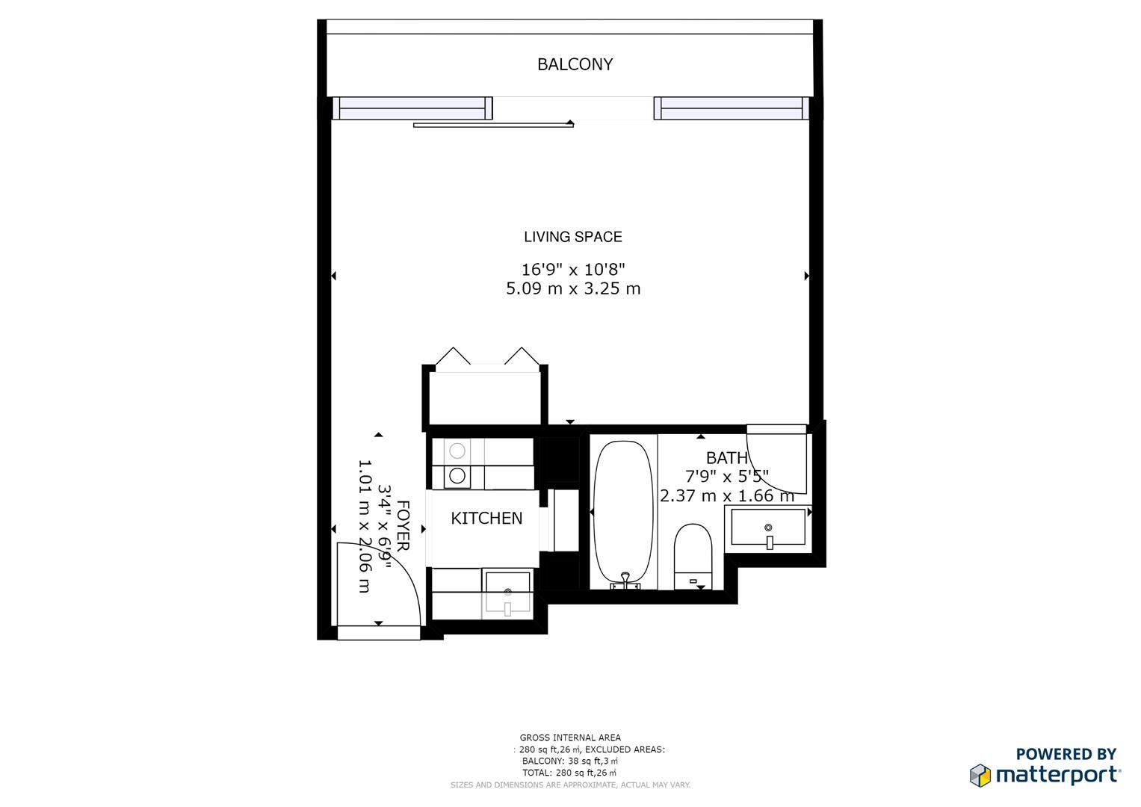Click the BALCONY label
coord(575,64)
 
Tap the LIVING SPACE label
coord(572,237)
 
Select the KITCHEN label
coord(486,518)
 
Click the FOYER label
coord(403,526)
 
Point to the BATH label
coord(726,458)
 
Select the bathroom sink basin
coord(767,528)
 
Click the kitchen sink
coord(507,592)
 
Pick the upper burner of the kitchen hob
coord(457,451)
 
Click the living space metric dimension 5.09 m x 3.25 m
coord(572,288)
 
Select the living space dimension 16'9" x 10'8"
coord(572,269)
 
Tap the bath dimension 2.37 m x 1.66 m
coord(726,495)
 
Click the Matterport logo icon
coord(980,775)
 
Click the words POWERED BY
coord(1066,754)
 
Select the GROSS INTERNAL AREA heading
coord(570,738)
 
